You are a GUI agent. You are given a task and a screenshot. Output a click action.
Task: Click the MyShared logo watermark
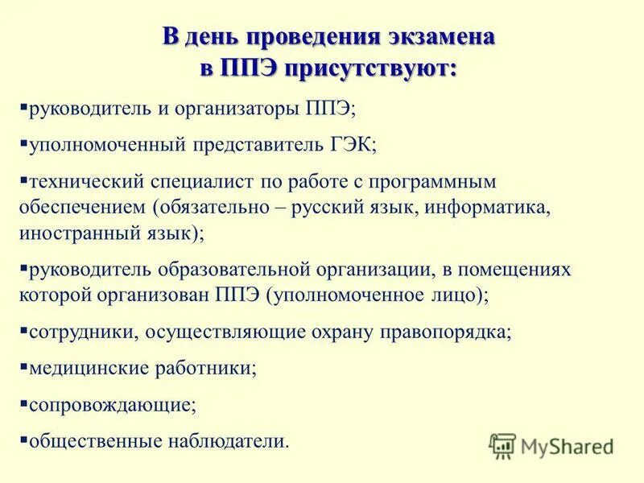(x=551, y=445)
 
